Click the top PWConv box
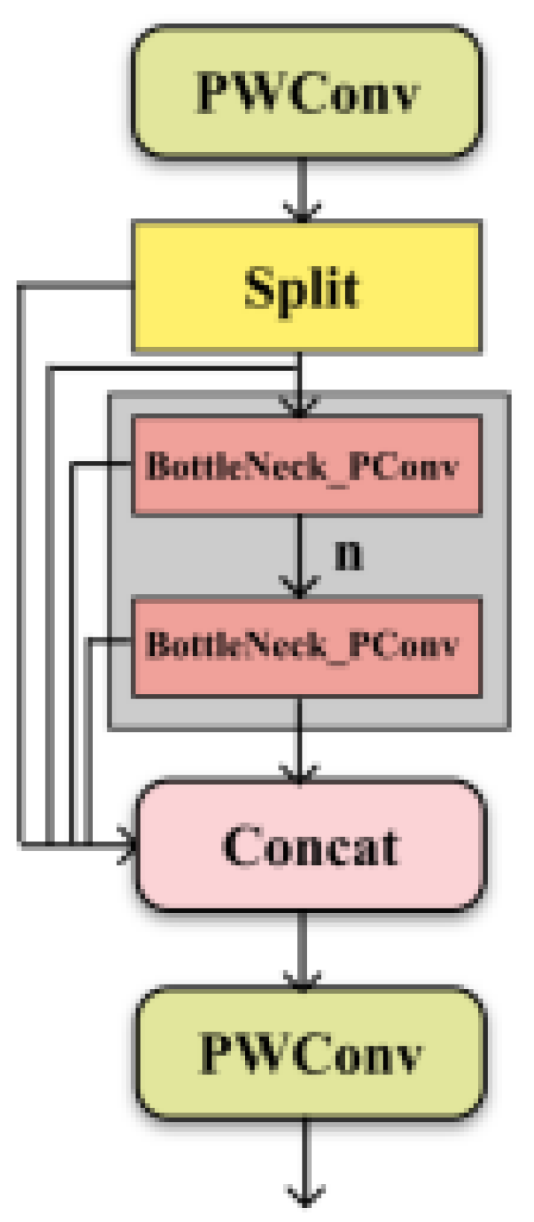tap(306, 92)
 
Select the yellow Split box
tap(306, 286)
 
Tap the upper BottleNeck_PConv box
tap(306, 466)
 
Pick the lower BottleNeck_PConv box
tap(306, 645)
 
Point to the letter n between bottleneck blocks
tap(349, 556)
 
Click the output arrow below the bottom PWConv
tap(305, 1162)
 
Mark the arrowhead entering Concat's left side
tap(129, 845)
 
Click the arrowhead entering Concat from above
tap(299, 771)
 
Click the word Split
tap(302, 287)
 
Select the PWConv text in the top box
tap(306, 94)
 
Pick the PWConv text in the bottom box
tap(311, 1054)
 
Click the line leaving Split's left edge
tap(74, 285)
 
